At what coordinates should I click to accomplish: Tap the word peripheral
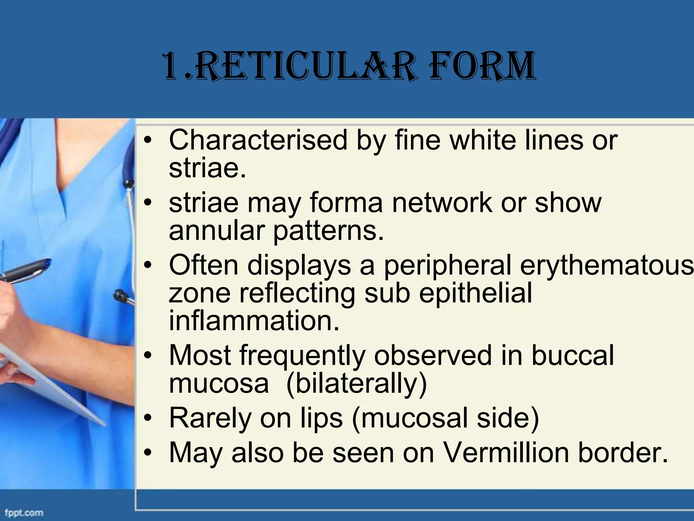(x=447, y=265)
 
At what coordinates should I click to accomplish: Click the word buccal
(x=573, y=355)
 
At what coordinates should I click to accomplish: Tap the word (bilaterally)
(x=356, y=383)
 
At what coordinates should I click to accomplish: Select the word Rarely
(x=210, y=418)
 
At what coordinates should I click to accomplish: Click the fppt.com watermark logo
(x=24, y=512)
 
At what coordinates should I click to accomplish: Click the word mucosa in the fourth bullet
(x=219, y=383)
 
